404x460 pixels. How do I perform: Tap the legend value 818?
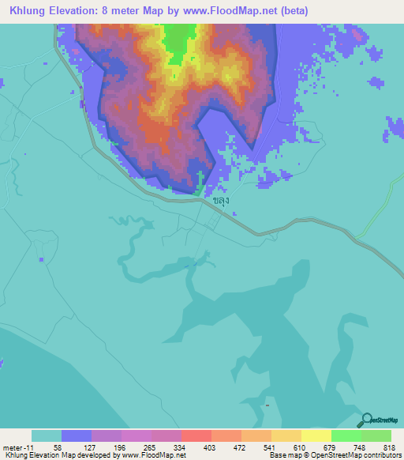tap(390, 447)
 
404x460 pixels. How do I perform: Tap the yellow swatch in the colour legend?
tap(316, 435)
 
